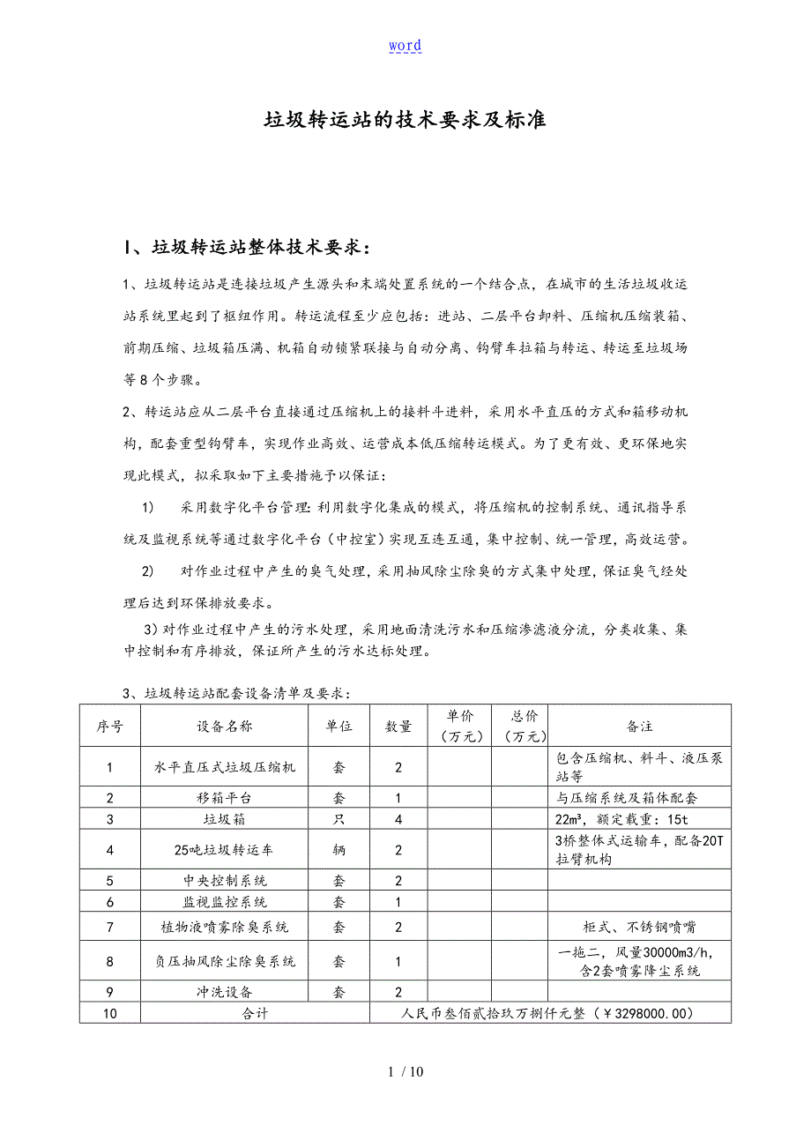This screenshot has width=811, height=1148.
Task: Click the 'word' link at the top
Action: click(x=405, y=46)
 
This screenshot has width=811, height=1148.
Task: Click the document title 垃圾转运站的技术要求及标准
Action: click(x=405, y=120)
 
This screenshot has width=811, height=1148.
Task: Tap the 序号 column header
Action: click(x=110, y=726)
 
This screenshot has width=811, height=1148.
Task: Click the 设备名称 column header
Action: click(x=225, y=726)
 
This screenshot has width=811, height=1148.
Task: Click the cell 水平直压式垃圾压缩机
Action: click(x=225, y=767)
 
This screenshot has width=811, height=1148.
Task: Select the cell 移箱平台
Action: click(x=225, y=798)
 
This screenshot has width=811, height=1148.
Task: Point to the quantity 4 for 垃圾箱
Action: click(x=398, y=819)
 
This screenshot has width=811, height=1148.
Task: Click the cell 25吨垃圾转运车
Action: click(x=225, y=850)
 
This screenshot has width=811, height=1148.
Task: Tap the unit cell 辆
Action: click(x=339, y=850)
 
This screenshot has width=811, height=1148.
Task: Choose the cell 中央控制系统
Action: click(x=225, y=880)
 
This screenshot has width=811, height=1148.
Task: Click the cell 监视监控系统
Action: click(x=225, y=901)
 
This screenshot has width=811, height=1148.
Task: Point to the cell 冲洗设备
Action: click(x=225, y=991)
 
